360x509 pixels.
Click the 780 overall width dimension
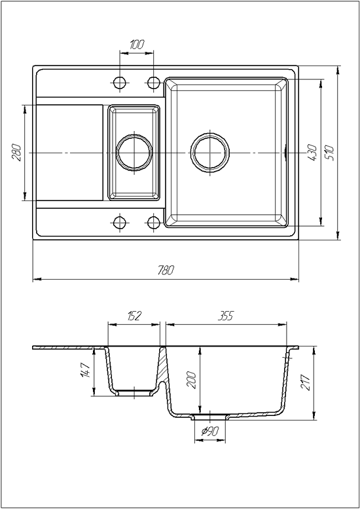[166, 270]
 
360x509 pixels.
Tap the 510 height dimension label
[329, 153]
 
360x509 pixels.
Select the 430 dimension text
[312, 153]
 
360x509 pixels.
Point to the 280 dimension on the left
[16, 153]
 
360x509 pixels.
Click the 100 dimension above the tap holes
[137, 45]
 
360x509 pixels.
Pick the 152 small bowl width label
[134, 316]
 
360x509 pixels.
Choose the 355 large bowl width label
[226, 316]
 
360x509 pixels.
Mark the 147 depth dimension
[85, 370]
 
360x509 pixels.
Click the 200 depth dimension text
[191, 380]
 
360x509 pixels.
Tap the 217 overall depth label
[305, 383]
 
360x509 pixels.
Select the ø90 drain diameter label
[210, 431]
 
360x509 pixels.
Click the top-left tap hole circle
[120, 83]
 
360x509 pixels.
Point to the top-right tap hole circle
[153, 83]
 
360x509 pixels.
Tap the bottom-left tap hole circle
[120, 223]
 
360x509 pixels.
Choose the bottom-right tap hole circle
[153, 223]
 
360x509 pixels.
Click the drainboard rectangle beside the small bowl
[69, 153]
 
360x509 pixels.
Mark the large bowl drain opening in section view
[210, 417]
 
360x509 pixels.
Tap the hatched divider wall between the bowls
[163, 367]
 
